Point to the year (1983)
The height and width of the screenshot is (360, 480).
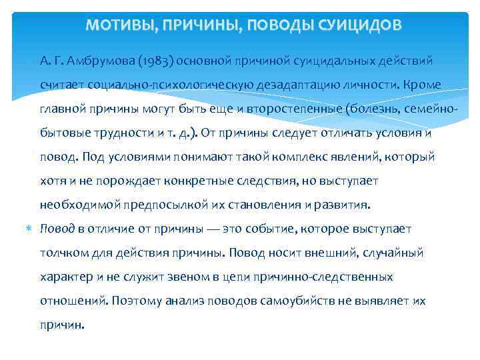click(x=158, y=61)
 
